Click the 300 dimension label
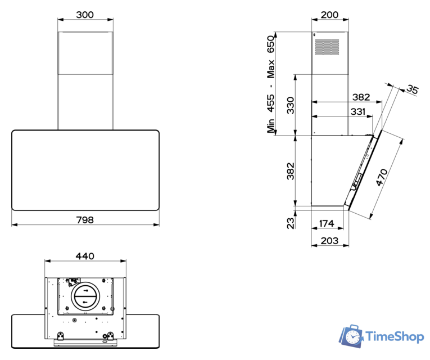(x=85, y=15)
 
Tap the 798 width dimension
(x=85, y=220)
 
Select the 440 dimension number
(x=85, y=256)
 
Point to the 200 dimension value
(x=329, y=15)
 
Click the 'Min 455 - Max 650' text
(x=271, y=84)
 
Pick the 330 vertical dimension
(x=291, y=105)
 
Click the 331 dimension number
(x=358, y=112)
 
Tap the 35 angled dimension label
(x=412, y=89)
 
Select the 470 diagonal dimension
(x=382, y=178)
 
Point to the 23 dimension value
(x=291, y=223)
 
